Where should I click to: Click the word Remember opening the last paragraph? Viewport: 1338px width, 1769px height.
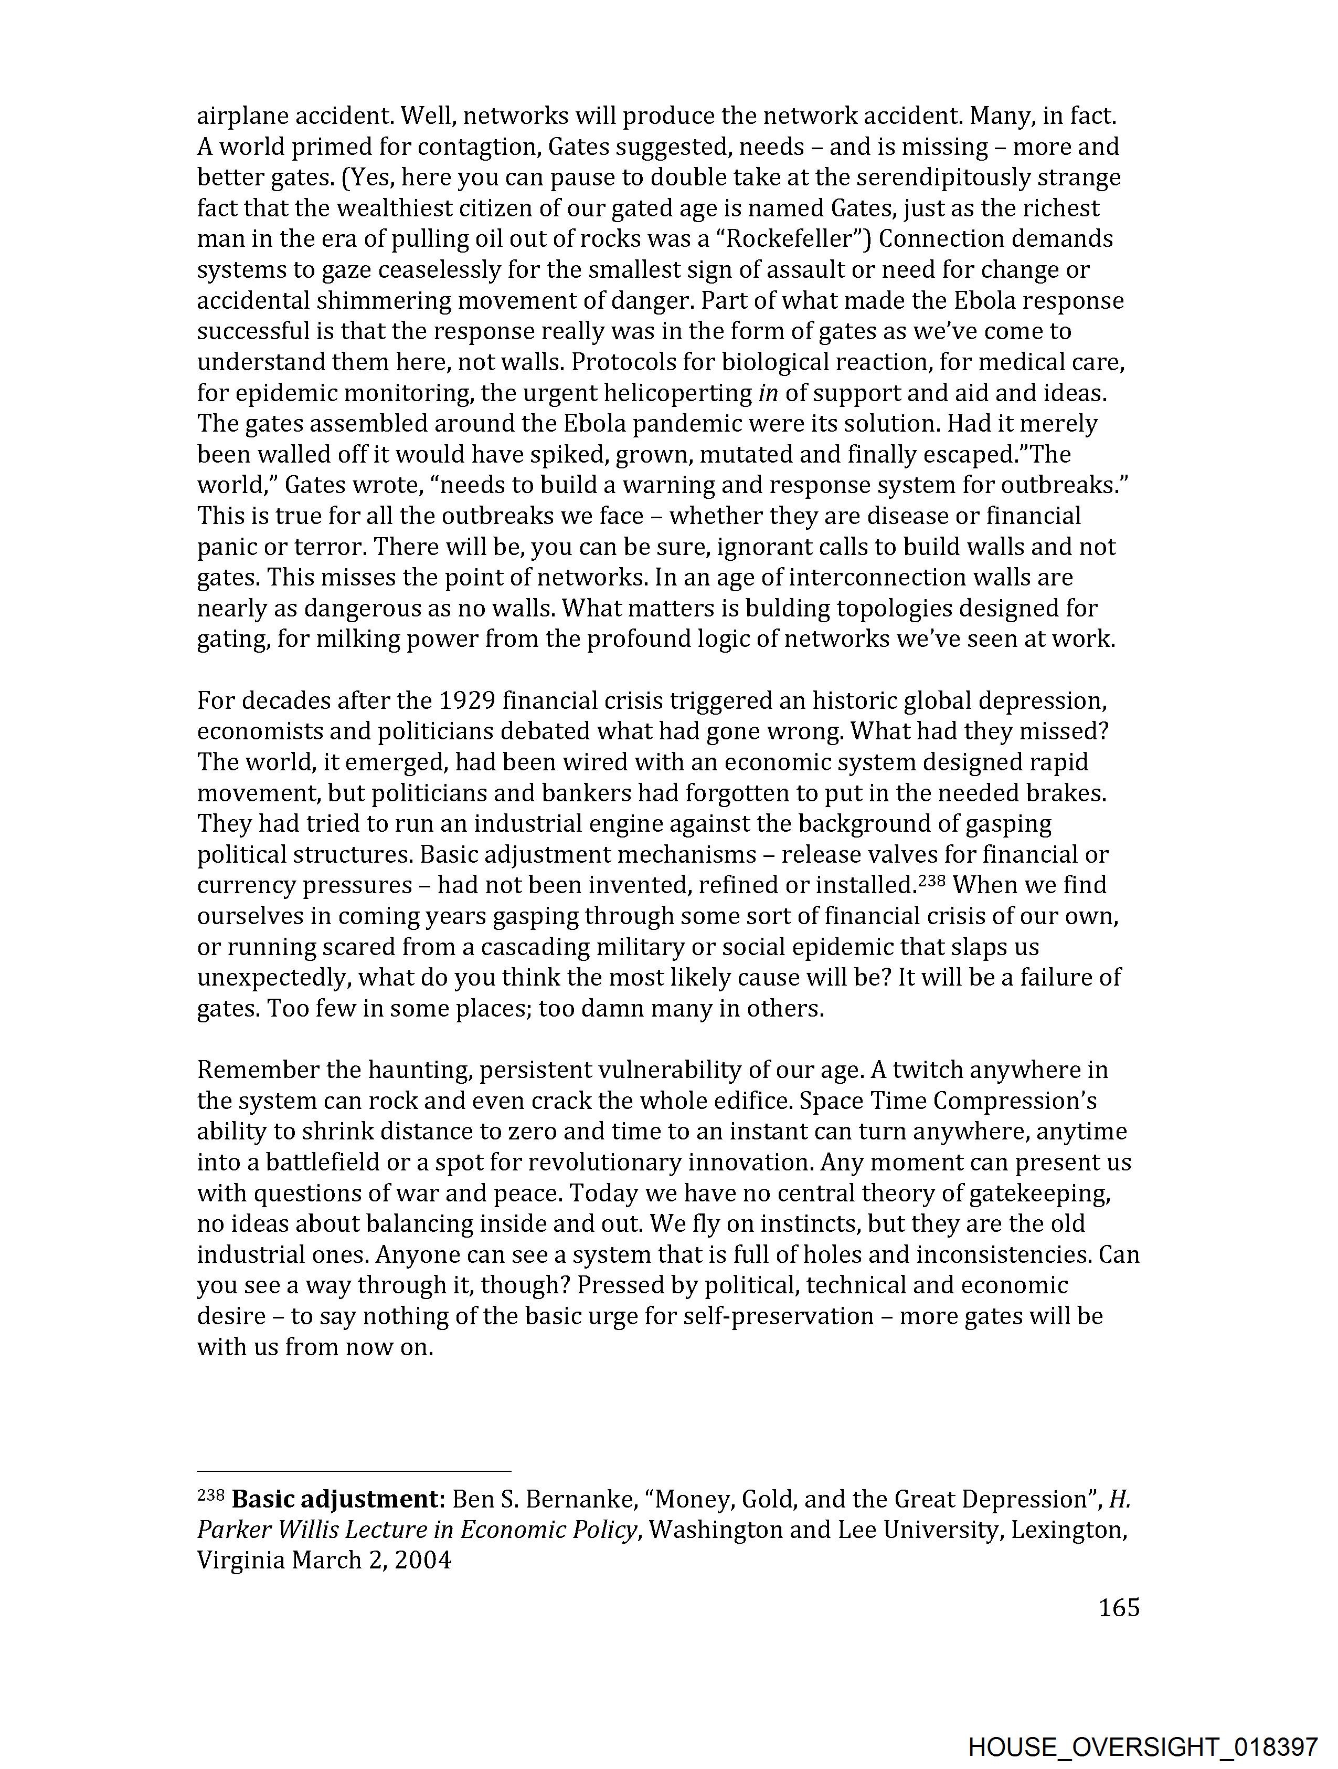pos(251,1070)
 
